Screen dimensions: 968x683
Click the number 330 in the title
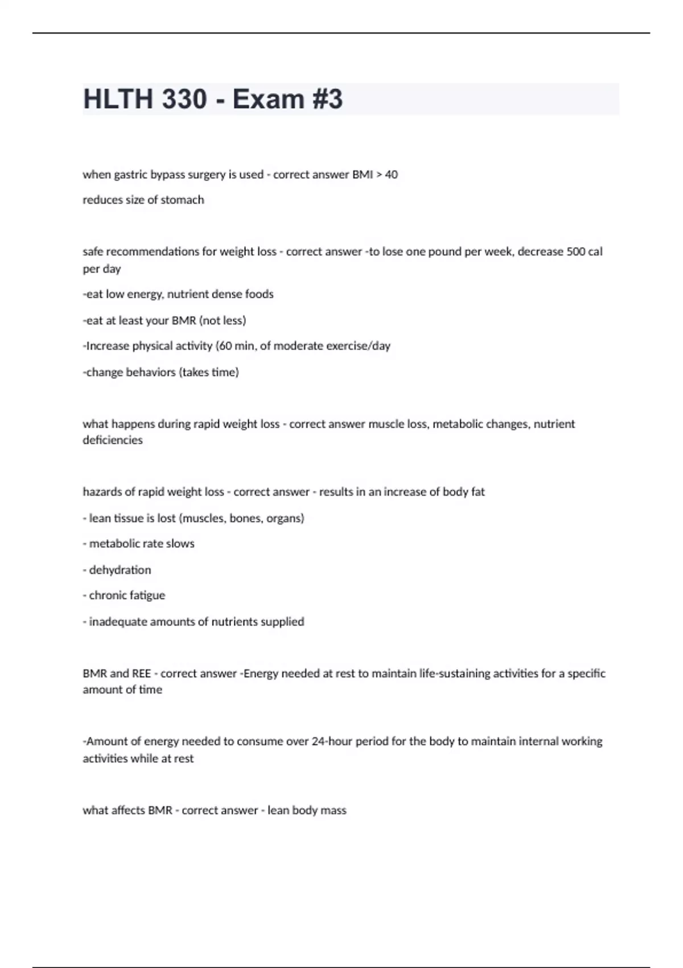click(x=184, y=99)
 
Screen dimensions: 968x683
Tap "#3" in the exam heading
click(x=327, y=99)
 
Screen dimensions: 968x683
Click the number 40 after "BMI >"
click(x=391, y=174)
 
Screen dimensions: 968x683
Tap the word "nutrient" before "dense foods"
click(x=188, y=294)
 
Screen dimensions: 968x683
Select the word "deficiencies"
click(x=113, y=440)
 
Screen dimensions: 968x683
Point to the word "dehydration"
click(x=120, y=570)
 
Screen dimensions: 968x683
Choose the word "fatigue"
click(x=146, y=596)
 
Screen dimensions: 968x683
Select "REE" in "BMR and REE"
click(x=142, y=674)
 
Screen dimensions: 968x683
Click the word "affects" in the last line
click(x=128, y=810)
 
